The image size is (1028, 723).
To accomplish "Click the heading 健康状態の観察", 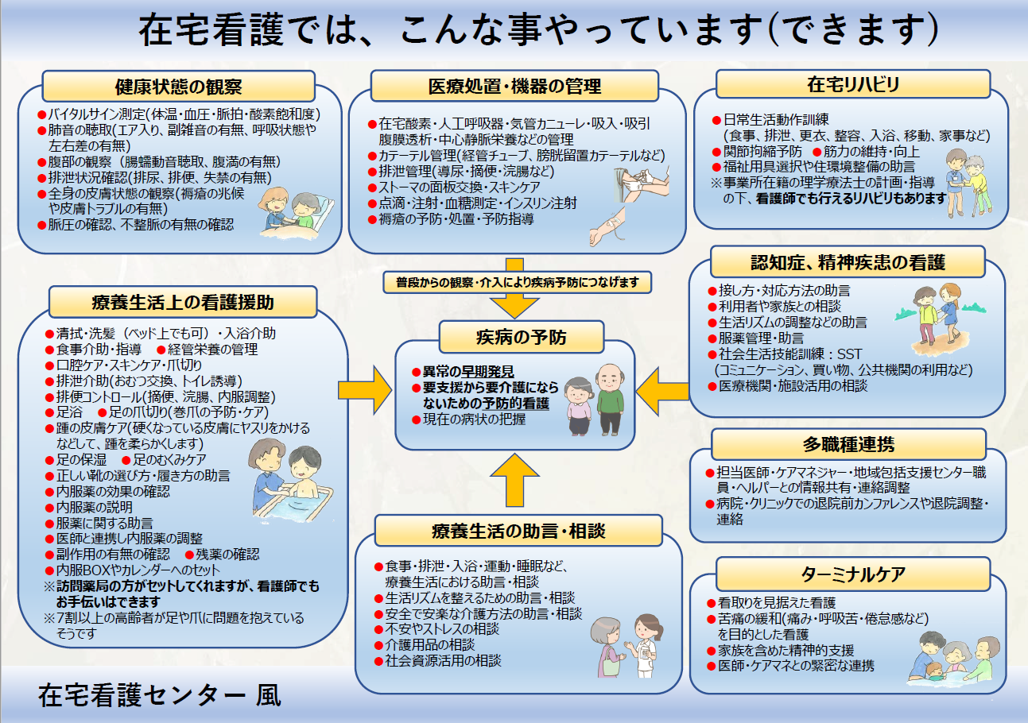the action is click(x=178, y=87).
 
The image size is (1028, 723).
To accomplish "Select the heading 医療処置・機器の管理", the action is click(x=514, y=86).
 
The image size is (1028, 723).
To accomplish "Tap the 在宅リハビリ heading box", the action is click(x=852, y=84).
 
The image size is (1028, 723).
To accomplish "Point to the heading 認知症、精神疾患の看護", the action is click(x=848, y=262).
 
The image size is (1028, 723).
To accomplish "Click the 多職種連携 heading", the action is click(x=848, y=444).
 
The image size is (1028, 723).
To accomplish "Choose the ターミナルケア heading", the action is click(x=853, y=574).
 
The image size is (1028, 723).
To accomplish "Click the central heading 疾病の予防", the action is click(x=522, y=337).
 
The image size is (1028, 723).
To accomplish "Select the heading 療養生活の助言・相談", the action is click(x=518, y=531).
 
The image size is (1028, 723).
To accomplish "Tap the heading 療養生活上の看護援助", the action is click(x=183, y=303).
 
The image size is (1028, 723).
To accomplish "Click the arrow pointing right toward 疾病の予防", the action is click(x=365, y=390).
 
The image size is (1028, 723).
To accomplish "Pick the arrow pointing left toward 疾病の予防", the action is click(x=662, y=392).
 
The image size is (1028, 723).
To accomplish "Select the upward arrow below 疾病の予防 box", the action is click(x=514, y=481).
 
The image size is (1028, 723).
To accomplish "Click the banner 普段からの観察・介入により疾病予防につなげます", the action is click(x=518, y=282).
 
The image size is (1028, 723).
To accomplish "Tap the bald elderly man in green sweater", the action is click(x=611, y=399).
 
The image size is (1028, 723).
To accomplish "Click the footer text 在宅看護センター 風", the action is click(x=160, y=695).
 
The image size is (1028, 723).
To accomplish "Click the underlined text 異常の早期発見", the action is click(x=468, y=371).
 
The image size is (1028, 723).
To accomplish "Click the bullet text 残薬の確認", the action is click(x=227, y=555).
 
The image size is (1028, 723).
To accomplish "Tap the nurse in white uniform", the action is click(x=646, y=645).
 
